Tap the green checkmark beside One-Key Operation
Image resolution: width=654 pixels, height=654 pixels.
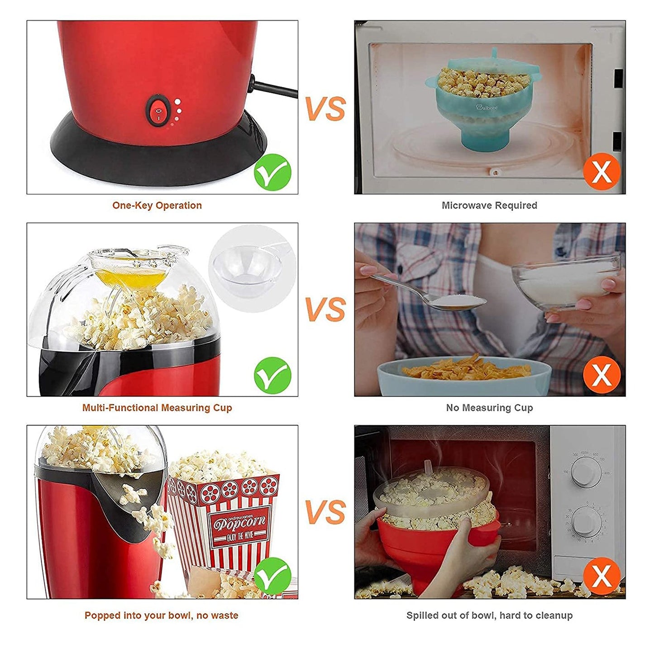click(272, 172)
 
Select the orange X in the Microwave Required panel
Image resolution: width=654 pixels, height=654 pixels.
click(601, 172)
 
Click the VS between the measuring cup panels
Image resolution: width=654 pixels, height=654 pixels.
click(325, 310)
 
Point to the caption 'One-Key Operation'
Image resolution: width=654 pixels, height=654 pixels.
click(157, 205)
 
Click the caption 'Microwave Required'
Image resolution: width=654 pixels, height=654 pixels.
click(489, 205)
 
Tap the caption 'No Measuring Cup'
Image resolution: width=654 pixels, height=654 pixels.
click(489, 408)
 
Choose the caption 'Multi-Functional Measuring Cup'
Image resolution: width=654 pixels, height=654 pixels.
click(157, 408)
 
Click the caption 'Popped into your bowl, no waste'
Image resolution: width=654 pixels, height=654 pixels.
click(161, 616)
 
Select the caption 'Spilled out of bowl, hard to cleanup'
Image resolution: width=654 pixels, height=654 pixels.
click(489, 616)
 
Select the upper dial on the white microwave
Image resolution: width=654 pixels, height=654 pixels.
click(586, 472)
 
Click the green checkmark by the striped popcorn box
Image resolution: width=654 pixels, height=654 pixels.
click(272, 576)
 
